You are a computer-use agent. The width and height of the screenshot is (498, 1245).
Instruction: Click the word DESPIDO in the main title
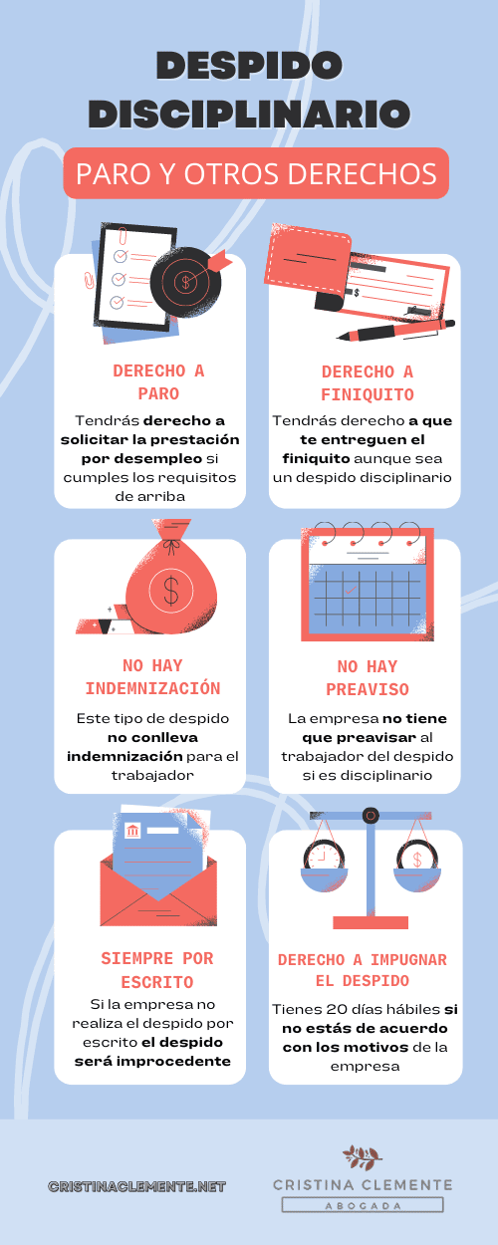[x=249, y=66]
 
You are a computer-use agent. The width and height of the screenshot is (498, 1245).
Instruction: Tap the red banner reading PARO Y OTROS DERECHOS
[x=256, y=173]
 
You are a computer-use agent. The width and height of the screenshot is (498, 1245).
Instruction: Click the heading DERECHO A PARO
[x=159, y=381]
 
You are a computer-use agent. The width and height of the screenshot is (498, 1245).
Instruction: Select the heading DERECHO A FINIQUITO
[x=368, y=382]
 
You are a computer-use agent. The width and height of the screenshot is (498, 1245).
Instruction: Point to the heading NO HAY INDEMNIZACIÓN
[x=152, y=677]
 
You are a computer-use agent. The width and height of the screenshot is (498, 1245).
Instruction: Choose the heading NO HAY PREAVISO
[x=368, y=678]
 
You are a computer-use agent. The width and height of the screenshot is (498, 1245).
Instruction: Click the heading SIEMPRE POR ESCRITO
[x=157, y=970]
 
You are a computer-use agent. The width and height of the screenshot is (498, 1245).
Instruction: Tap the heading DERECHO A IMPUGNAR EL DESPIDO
[x=363, y=970]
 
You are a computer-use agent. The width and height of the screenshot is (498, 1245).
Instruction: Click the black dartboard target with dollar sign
[x=185, y=282]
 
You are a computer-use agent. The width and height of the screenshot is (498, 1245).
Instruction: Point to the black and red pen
[x=395, y=330]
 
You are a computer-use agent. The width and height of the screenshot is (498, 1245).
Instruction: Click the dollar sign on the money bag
[x=171, y=590]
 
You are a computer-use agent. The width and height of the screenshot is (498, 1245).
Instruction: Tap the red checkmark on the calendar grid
[x=351, y=591]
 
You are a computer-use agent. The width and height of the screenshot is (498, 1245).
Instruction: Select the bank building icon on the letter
[x=132, y=831]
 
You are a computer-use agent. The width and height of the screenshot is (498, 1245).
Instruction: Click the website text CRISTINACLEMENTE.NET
[x=136, y=1186]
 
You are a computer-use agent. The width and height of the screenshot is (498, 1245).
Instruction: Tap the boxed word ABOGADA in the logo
[x=363, y=1205]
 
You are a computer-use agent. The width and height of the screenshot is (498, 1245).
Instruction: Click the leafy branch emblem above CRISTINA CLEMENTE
[x=363, y=1158]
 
